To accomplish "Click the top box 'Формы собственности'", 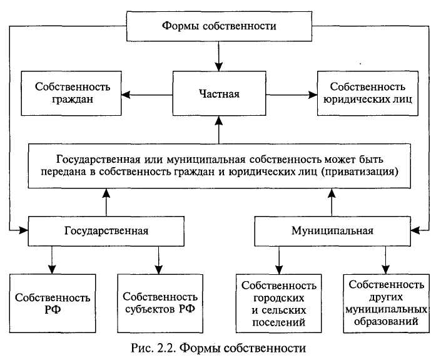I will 218,27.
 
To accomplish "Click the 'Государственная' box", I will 106,230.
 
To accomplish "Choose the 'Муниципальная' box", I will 332,230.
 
